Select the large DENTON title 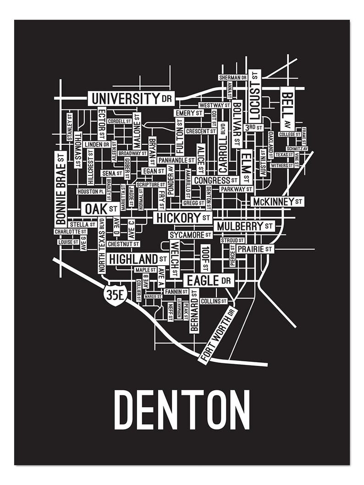(x=182, y=410)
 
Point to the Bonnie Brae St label (x=61, y=188)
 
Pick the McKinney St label (x=277, y=202)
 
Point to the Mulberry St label (x=245, y=226)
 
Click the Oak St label (x=100, y=209)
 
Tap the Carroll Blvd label (x=223, y=147)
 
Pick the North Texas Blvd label (x=101, y=246)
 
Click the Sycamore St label (x=190, y=235)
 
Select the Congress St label (x=215, y=180)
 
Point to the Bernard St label (x=194, y=311)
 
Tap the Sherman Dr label (x=232, y=78)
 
